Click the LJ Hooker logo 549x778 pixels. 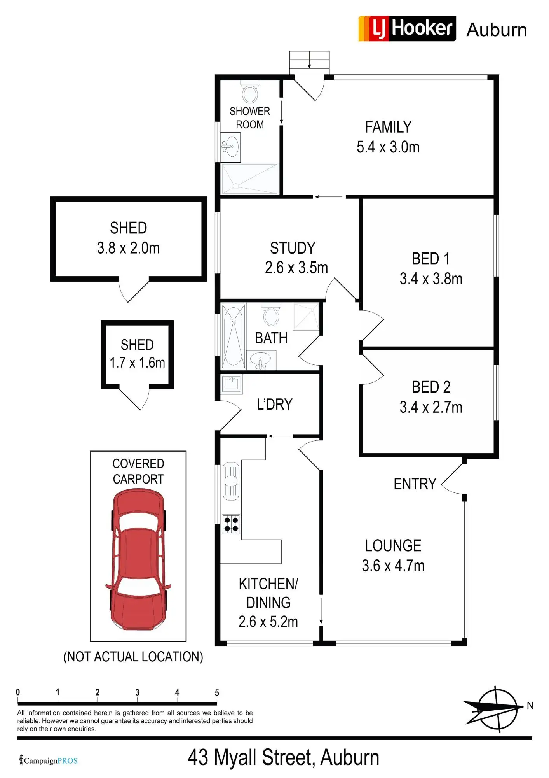coord(407,28)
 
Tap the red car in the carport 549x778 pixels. coord(138,560)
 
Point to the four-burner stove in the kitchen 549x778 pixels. coord(231,524)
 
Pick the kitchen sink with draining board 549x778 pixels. coord(231,481)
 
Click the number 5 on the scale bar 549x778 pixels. coord(217,693)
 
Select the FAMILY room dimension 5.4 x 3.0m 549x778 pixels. coord(388,147)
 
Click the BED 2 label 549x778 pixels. coord(431,387)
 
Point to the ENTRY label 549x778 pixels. coord(415,484)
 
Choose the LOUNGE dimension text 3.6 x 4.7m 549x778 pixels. coord(393,566)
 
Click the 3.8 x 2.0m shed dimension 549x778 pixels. coord(128,248)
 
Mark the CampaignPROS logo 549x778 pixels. coord(49,760)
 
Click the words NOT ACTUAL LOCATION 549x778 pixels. coord(133,657)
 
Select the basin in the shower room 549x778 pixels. coord(231,147)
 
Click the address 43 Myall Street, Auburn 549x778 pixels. coord(283,758)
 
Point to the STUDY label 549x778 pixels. coord(293,248)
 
